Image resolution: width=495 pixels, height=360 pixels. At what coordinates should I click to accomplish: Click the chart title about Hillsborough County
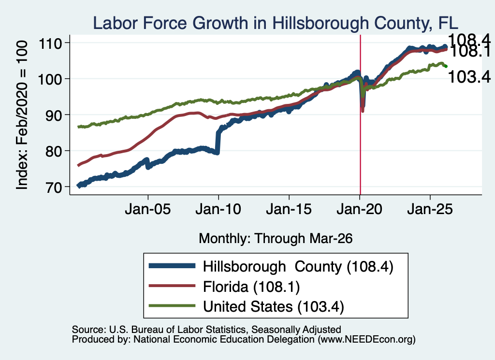pyautogui.click(x=275, y=23)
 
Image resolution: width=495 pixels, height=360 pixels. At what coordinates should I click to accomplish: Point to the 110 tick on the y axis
pyautogui.click(x=50, y=43)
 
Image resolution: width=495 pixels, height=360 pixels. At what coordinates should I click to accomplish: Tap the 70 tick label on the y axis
pyautogui.click(x=54, y=187)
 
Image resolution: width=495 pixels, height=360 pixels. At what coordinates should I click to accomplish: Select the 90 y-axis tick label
pyautogui.click(x=54, y=115)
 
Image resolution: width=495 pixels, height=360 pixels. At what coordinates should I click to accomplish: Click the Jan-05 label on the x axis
pyautogui.click(x=148, y=209)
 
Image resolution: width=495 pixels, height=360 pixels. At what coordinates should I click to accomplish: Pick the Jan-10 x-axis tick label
pyautogui.click(x=218, y=209)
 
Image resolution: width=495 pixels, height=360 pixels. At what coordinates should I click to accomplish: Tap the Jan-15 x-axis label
pyautogui.click(x=289, y=209)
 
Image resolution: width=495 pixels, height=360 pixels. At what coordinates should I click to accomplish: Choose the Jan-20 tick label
pyautogui.click(x=360, y=209)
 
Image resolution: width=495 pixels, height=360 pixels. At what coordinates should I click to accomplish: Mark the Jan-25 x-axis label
pyautogui.click(x=430, y=209)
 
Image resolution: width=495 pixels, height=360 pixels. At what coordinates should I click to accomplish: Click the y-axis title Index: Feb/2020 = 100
pyautogui.click(x=22, y=115)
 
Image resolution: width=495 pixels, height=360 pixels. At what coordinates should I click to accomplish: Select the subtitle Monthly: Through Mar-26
pyautogui.click(x=276, y=239)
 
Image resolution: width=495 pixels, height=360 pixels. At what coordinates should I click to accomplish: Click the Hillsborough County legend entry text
pyautogui.click(x=298, y=267)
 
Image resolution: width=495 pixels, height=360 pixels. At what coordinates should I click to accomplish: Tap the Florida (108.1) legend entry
pyautogui.click(x=251, y=287)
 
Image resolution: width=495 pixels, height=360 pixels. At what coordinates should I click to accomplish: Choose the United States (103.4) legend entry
pyautogui.click(x=274, y=307)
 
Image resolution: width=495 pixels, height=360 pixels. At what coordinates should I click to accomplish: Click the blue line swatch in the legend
pyautogui.click(x=173, y=266)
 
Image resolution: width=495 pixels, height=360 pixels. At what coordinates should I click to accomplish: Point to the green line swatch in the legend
pyautogui.click(x=173, y=305)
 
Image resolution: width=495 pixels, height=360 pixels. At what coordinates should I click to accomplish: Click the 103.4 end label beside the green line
pyautogui.click(x=469, y=77)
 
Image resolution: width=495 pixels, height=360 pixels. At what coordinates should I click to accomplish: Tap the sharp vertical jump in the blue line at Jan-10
pyautogui.click(x=218, y=142)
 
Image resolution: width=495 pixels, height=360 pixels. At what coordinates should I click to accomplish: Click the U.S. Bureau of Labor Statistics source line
pyautogui.click(x=206, y=330)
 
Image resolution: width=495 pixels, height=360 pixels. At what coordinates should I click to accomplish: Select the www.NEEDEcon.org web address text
pyautogui.click(x=366, y=340)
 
